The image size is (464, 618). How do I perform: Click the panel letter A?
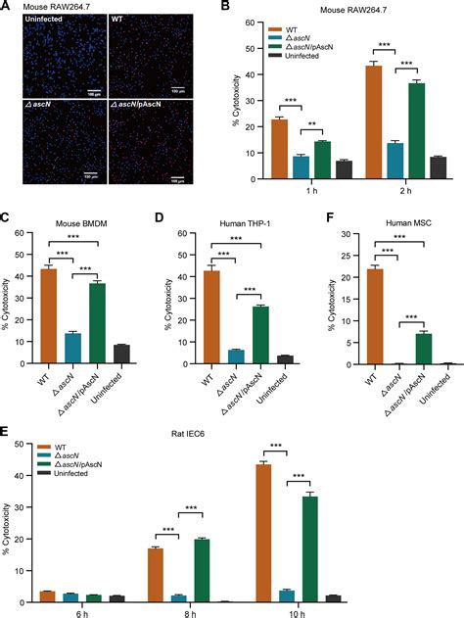pos(7,7)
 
